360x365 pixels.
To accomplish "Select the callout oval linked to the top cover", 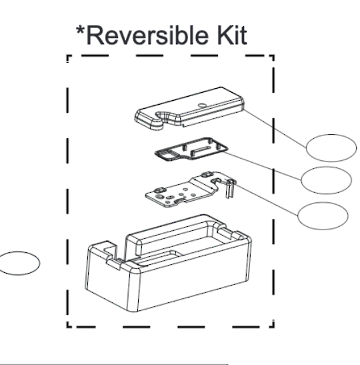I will coord(331,147).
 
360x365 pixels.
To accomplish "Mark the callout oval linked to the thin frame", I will coord(325,179).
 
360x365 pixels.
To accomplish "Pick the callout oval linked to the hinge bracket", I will coord(322,215).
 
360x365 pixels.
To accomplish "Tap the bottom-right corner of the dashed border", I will coord(273,325).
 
